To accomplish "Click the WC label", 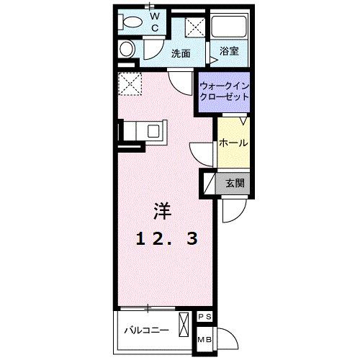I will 154,22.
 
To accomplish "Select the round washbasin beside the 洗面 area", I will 126,50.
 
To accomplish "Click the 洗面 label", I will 181,53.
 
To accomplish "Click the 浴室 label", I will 230,52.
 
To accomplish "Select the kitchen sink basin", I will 153,131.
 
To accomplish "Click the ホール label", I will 233,143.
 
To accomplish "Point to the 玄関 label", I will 235,183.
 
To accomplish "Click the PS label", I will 204,317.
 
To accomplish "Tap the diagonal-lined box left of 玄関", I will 208,183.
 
